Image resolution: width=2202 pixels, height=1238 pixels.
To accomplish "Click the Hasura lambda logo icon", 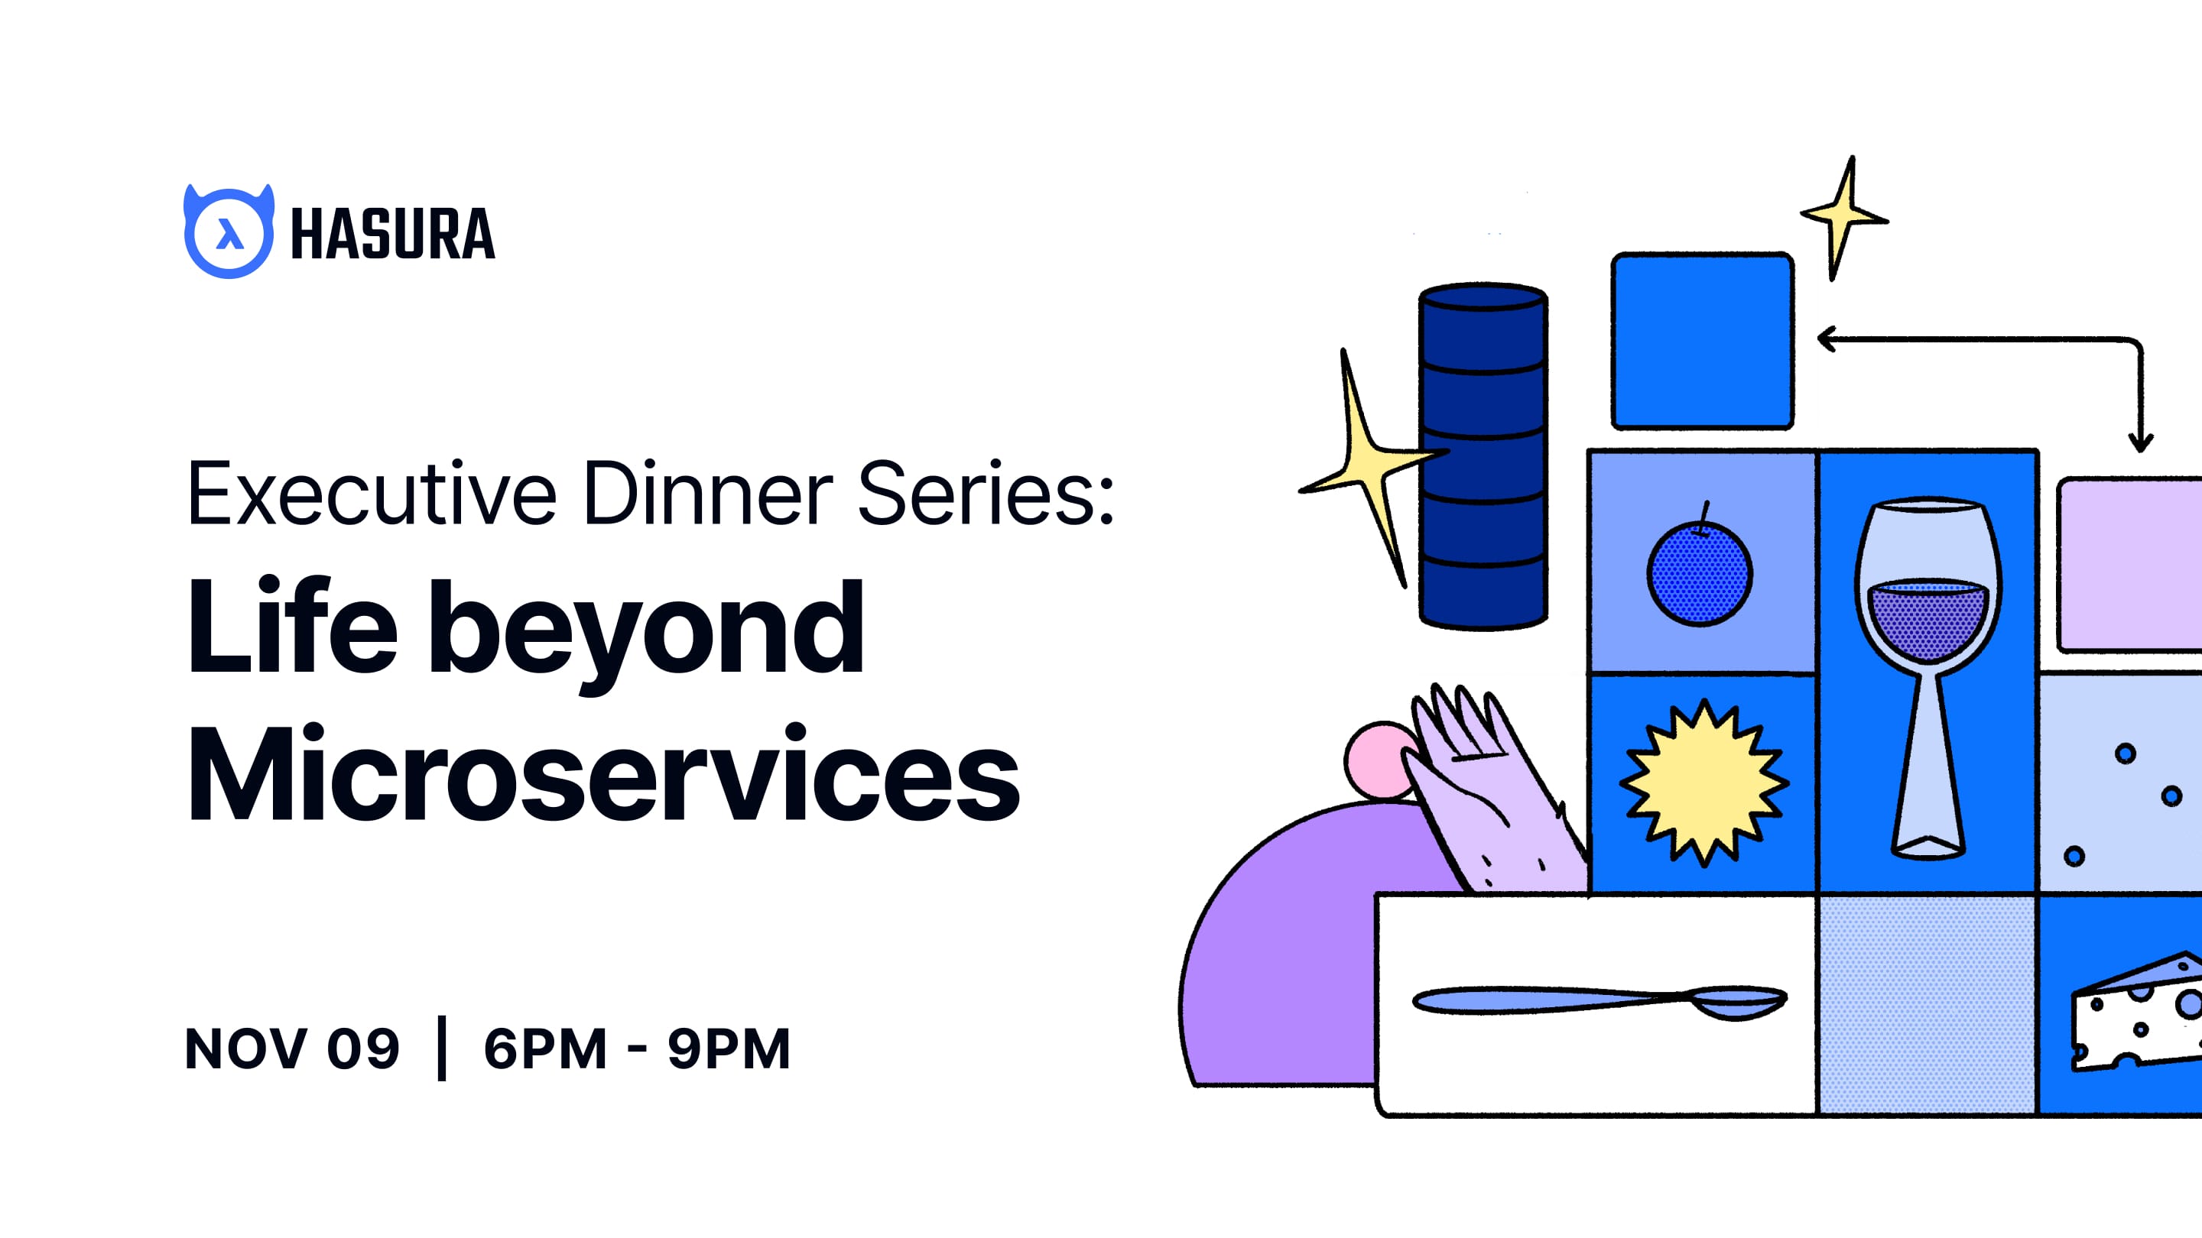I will tap(229, 232).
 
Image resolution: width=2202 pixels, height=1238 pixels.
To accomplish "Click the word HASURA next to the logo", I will tap(392, 234).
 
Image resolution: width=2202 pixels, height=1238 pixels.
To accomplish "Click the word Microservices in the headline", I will tap(602, 773).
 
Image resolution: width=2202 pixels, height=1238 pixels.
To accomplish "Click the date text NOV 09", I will tap(291, 1048).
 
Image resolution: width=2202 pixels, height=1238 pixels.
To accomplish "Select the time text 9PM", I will tap(729, 1048).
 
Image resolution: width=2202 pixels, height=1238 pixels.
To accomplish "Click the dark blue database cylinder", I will tap(1483, 457).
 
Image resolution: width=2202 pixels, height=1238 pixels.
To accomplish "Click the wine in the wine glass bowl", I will tap(1928, 620).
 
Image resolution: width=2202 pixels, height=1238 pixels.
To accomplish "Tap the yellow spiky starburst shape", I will tap(1703, 782).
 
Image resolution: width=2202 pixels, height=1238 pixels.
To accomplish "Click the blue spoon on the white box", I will tap(1599, 1000).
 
